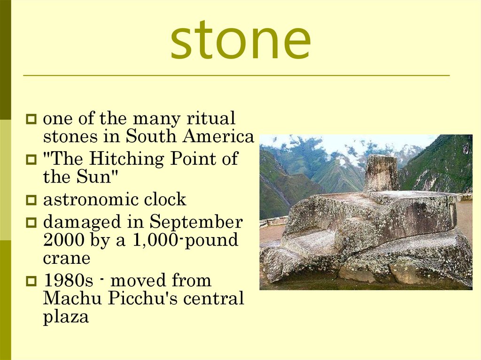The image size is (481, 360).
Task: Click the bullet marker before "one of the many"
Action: (31, 119)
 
